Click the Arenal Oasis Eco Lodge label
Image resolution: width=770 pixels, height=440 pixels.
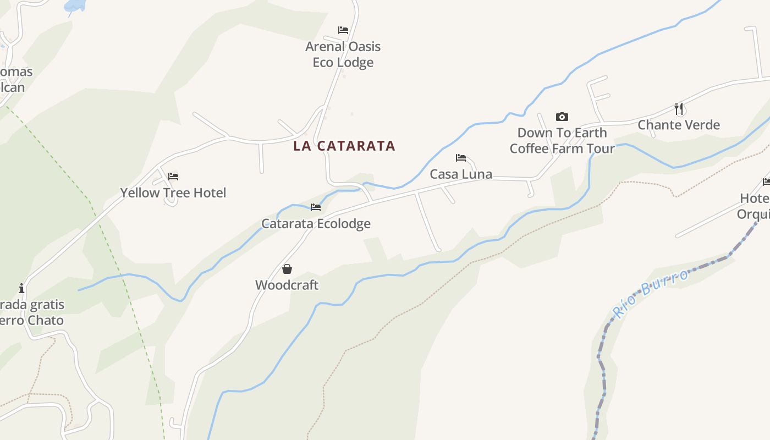click(x=343, y=54)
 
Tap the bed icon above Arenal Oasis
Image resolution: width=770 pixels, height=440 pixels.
click(x=343, y=30)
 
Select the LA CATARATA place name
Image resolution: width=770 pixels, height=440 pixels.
click(x=344, y=146)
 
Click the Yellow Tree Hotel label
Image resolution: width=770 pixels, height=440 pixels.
click(x=173, y=193)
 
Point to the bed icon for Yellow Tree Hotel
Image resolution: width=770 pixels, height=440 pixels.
click(x=173, y=177)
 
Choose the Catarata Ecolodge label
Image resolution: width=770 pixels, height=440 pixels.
click(x=316, y=224)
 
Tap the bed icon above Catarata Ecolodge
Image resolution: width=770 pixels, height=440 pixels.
click(x=316, y=207)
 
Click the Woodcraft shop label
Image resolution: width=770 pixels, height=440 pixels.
click(x=287, y=285)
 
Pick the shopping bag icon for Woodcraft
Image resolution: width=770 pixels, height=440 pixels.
click(x=287, y=269)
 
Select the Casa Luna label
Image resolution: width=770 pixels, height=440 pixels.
click(x=461, y=174)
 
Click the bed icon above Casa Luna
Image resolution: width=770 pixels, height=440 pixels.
click(x=461, y=158)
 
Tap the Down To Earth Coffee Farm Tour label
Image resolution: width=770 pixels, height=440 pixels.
click(x=562, y=141)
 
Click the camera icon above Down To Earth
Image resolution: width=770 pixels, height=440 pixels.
click(x=562, y=117)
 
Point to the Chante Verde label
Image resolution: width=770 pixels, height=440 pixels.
click(x=679, y=125)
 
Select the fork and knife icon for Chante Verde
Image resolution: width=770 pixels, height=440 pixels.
click(x=679, y=108)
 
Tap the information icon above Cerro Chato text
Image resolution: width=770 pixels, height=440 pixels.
click(x=21, y=288)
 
